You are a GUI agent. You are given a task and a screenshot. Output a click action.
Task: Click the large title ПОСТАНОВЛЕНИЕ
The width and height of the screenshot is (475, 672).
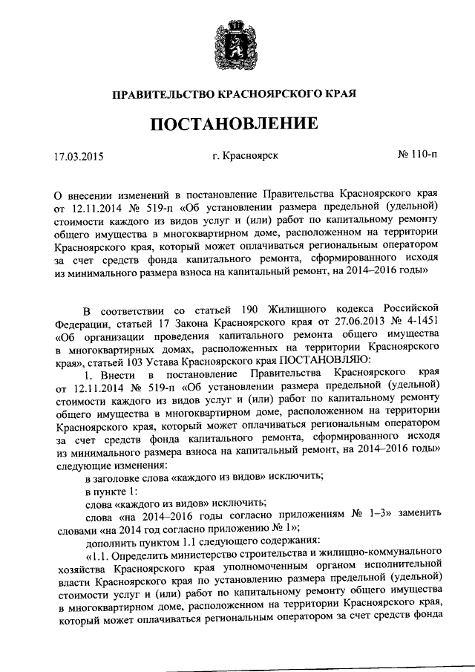pyautogui.click(x=237, y=123)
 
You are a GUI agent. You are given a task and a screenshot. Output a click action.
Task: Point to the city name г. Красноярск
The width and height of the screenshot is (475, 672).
pyautogui.click(x=244, y=157)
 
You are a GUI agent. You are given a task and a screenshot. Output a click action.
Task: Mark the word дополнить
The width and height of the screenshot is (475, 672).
pyautogui.click(x=111, y=540)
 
